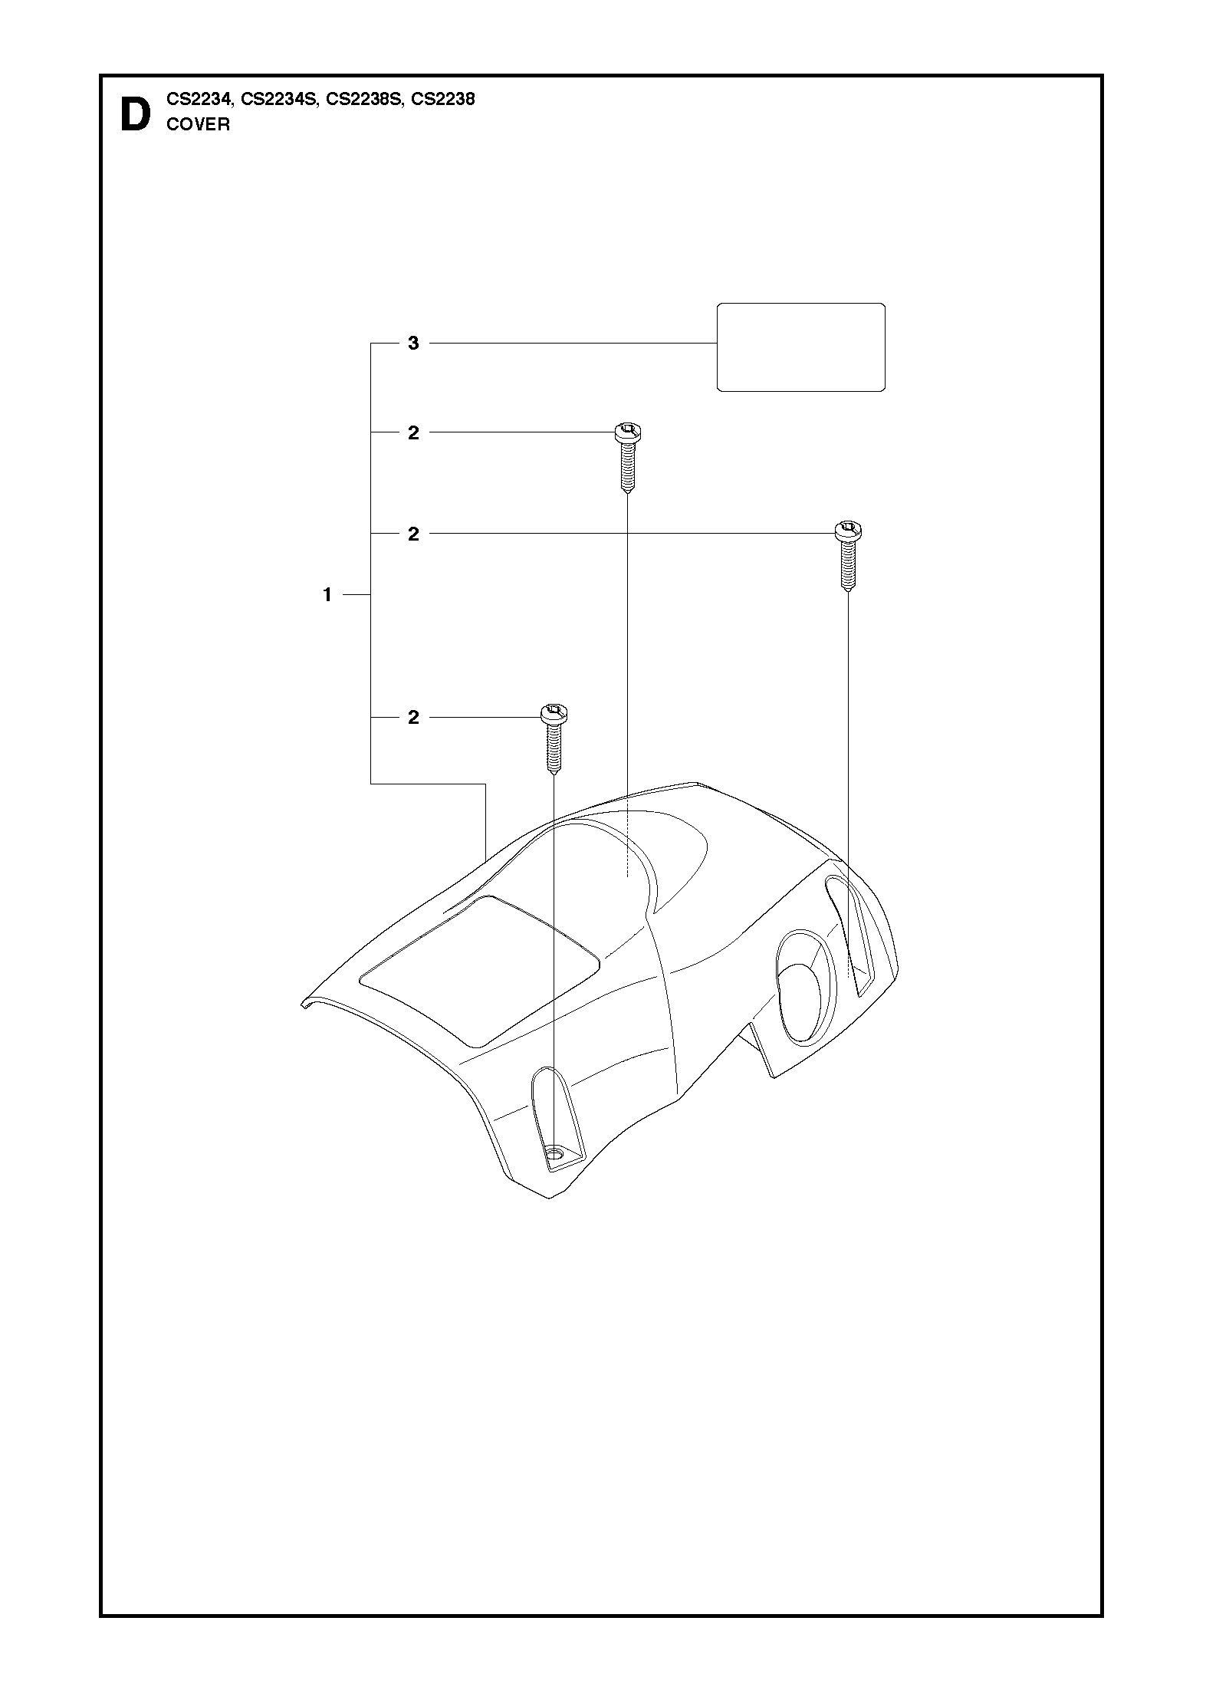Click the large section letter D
click(x=136, y=115)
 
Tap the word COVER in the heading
click(x=198, y=124)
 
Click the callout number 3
click(x=413, y=344)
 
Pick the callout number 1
click(x=327, y=594)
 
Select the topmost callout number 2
click(x=413, y=433)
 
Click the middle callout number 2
click(x=413, y=534)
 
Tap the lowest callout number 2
click(x=413, y=718)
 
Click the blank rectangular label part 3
click(x=800, y=347)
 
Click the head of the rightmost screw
click(x=848, y=531)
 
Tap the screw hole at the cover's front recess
click(x=554, y=1175)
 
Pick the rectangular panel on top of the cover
click(x=479, y=972)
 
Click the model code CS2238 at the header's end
click(x=443, y=100)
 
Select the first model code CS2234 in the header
click(x=199, y=100)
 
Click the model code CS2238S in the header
click(x=363, y=100)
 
